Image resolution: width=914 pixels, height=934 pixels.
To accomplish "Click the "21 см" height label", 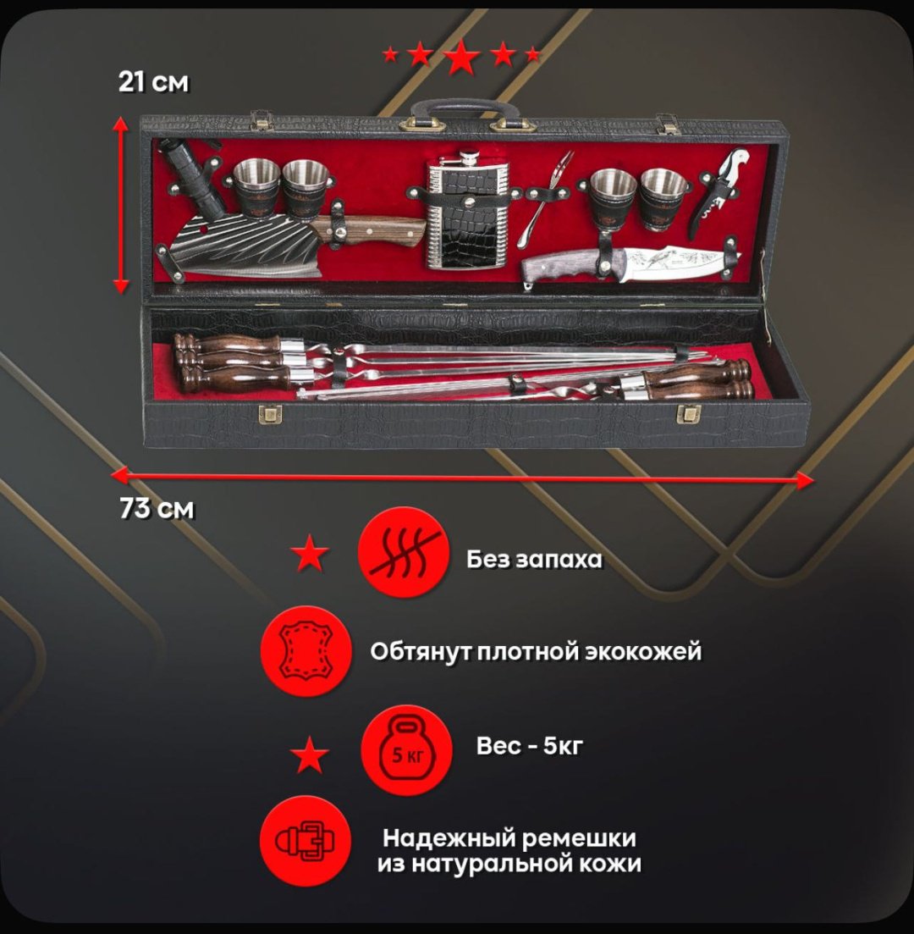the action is (154, 82).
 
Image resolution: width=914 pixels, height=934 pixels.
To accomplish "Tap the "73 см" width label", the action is (157, 509).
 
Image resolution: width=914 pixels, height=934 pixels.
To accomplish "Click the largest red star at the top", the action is (461, 58).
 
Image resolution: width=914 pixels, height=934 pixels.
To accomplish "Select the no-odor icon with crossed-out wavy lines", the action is (403, 552).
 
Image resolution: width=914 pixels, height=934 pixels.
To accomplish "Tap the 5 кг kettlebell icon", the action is (407, 750).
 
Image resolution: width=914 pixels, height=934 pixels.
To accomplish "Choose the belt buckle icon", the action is (306, 841).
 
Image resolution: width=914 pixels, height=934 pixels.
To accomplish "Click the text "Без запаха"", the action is (534, 560).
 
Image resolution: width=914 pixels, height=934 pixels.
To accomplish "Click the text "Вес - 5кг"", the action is (529, 746).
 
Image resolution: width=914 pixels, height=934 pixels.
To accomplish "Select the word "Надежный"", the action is (449, 838).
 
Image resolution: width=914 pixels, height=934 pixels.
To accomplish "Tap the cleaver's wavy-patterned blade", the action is (247, 245).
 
